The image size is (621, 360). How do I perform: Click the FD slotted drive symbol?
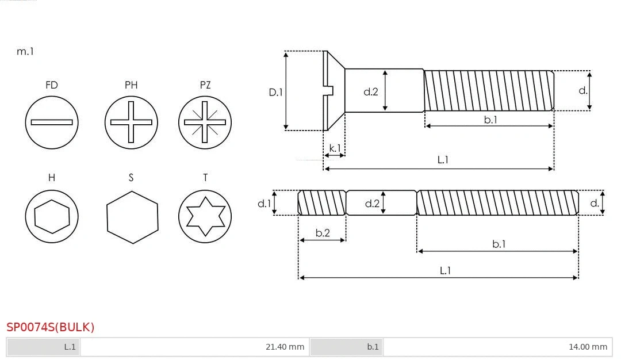pyautogui.click(x=52, y=122)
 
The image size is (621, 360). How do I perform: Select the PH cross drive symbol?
pyautogui.click(x=131, y=122)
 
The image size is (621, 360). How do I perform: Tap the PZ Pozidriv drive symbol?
pyautogui.click(x=205, y=122)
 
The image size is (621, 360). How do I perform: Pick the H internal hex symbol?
pyautogui.click(x=52, y=217)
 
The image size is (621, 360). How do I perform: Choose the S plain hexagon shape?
pyautogui.click(x=132, y=217)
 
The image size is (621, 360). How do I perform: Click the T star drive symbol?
pyautogui.click(x=205, y=217)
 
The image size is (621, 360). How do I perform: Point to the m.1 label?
pyautogui.click(x=25, y=51)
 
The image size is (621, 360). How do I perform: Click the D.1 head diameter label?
pyautogui.click(x=277, y=91)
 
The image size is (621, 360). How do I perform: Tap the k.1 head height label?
pyautogui.click(x=335, y=148)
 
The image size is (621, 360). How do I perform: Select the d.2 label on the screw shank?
pyautogui.click(x=371, y=91)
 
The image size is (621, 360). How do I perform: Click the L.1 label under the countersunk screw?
pyautogui.click(x=443, y=159)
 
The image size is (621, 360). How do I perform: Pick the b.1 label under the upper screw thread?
pyautogui.click(x=490, y=120)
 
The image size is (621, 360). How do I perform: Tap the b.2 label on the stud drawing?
pyautogui.click(x=323, y=233)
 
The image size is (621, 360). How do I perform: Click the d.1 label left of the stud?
pyautogui.click(x=264, y=203)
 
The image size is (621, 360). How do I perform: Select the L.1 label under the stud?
pyautogui.click(x=445, y=270)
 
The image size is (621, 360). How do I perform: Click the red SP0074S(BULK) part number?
pyautogui.click(x=50, y=327)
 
